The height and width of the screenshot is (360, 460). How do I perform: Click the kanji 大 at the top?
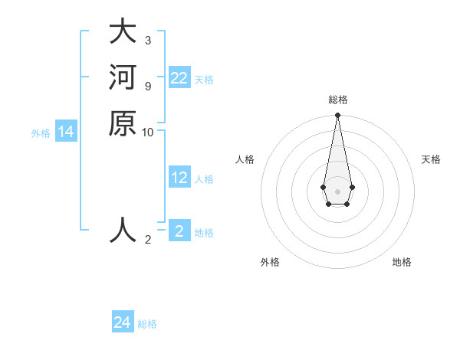(x=123, y=33)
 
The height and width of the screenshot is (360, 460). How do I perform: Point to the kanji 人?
(x=123, y=230)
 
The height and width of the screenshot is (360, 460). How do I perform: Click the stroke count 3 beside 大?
(x=147, y=40)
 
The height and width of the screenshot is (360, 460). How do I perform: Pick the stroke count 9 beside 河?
(x=147, y=85)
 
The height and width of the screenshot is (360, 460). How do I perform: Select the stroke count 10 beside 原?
(x=148, y=132)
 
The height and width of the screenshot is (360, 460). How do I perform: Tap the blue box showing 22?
(x=179, y=78)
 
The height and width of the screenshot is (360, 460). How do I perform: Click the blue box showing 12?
(x=179, y=178)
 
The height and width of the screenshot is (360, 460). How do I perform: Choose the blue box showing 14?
(x=66, y=132)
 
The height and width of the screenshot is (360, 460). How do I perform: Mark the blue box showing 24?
(x=123, y=322)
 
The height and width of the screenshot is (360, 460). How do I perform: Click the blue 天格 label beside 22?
(x=204, y=80)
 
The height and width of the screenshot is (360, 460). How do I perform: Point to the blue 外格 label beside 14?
(x=41, y=133)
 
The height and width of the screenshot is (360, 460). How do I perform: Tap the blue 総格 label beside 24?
(x=147, y=324)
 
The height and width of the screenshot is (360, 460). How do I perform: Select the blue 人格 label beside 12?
(x=204, y=179)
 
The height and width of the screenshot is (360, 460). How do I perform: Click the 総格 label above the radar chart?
(x=338, y=100)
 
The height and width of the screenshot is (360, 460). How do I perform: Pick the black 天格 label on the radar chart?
(x=431, y=159)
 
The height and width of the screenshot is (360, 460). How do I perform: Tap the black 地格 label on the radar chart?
(x=402, y=262)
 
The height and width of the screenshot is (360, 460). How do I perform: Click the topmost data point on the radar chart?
(x=337, y=116)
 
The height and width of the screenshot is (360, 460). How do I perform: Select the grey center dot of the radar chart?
(x=337, y=191)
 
